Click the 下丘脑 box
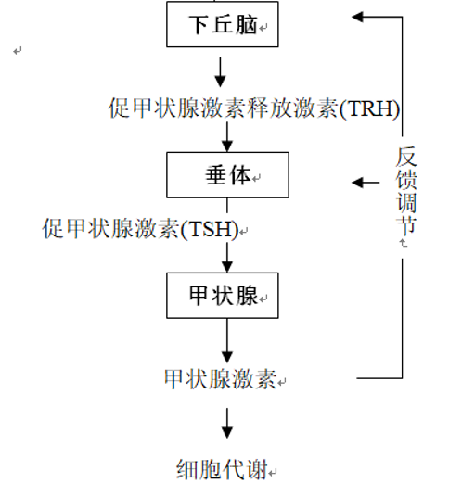(223, 24)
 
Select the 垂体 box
(227, 175)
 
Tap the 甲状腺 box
(223, 296)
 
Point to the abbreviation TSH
(210, 229)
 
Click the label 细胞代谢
(222, 469)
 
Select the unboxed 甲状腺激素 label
(221, 379)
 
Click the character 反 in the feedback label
(406, 157)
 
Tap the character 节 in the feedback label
(406, 225)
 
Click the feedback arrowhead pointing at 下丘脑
(357, 17)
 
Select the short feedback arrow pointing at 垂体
(366, 183)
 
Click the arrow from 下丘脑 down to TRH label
(220, 72)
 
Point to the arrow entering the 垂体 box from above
(227, 137)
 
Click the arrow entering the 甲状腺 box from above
(227, 258)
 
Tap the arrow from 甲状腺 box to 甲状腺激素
(227, 340)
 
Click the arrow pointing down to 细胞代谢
(227, 424)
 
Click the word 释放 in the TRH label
(270, 108)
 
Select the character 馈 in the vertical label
(406, 179)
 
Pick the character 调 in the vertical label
(406, 202)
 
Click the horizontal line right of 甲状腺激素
(379, 377)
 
